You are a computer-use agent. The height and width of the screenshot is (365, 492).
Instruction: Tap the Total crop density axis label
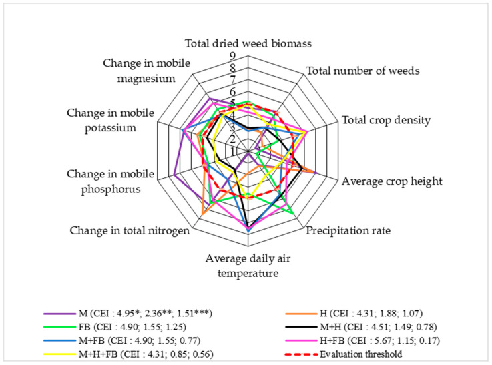pyautogui.click(x=386, y=121)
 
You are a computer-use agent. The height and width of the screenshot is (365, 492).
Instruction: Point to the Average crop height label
pyautogui.click(x=391, y=181)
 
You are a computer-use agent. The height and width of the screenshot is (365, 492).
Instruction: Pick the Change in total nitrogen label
pyautogui.click(x=130, y=231)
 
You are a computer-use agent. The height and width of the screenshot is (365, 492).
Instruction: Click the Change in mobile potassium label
pyautogui.click(x=110, y=118)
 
